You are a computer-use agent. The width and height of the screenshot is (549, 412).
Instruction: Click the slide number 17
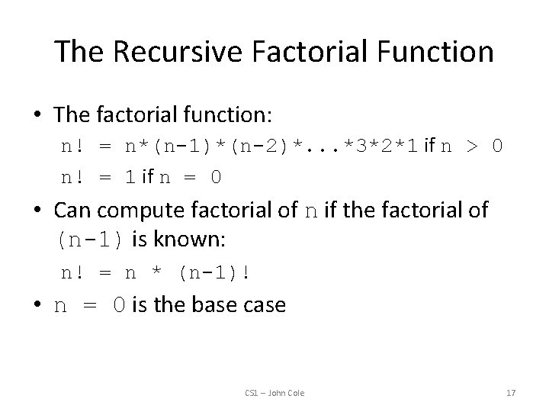[x=511, y=392]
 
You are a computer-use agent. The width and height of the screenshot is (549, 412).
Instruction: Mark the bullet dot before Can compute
[x=38, y=211]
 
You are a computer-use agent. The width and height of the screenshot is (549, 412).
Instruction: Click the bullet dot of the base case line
[x=38, y=306]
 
